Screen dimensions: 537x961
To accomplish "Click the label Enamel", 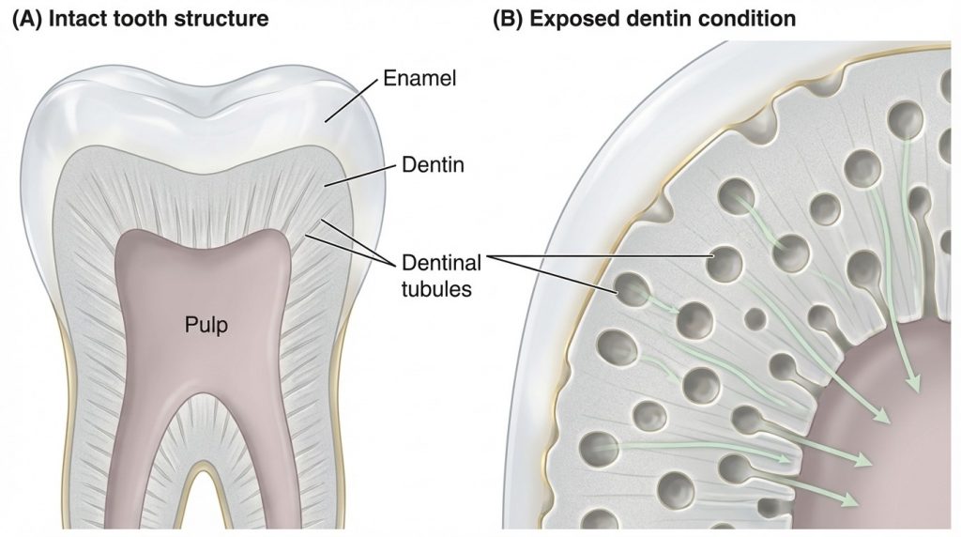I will (419, 80).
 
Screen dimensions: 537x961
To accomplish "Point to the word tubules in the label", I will (436, 288).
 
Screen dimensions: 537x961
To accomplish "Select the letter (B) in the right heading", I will (508, 19).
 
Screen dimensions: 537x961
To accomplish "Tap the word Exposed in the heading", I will (572, 19).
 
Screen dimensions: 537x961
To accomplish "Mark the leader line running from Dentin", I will (360, 176).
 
